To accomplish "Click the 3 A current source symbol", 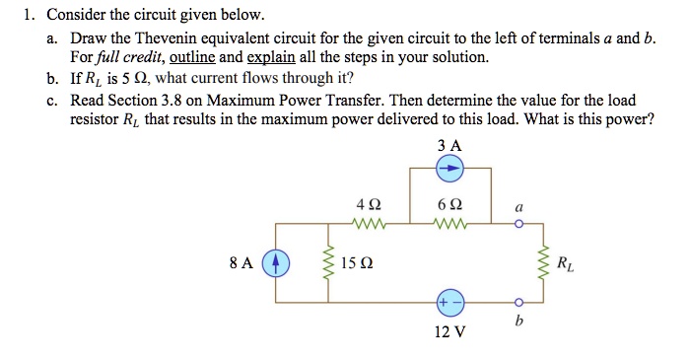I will coord(448,169).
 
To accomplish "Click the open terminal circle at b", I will coord(518,301).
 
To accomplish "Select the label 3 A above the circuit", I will coord(448,145).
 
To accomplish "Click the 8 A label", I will coord(240,264).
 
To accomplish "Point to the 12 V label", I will coord(448,331).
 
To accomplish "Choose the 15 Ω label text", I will coord(356,264).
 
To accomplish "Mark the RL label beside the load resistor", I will coord(564,263).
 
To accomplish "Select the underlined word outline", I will coord(189,57).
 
